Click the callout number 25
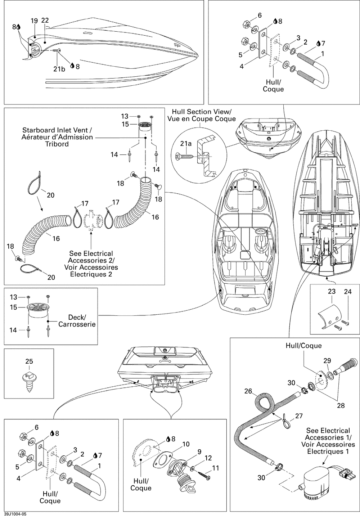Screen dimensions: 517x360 29,361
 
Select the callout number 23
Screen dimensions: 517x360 332,291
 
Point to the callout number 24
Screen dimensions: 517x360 347,292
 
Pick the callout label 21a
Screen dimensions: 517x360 186,144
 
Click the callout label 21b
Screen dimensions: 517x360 59,69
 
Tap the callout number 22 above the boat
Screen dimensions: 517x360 45,21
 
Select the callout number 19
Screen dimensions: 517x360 34,21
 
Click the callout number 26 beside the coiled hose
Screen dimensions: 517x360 248,391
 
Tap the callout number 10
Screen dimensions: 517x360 186,444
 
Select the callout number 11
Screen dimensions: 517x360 215,468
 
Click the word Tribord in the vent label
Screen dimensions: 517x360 58,144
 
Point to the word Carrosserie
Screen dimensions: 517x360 77,324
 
